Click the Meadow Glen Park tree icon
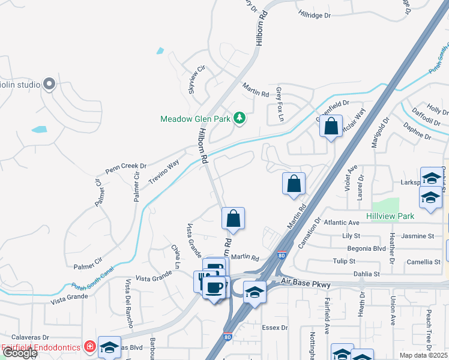pyautogui.click(x=240, y=118)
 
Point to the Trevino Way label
pyautogui.click(x=164, y=172)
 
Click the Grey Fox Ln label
pyautogui.click(x=280, y=104)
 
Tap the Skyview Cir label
pyautogui.click(x=193, y=79)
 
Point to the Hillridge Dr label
pyautogui.click(x=315, y=13)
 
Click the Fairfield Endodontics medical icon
pyautogui.click(x=89, y=346)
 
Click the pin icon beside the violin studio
pyautogui.click(x=49, y=85)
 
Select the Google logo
pyautogui.click(x=19, y=353)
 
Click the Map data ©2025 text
pyautogui.click(x=423, y=355)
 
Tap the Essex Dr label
pyautogui.click(x=275, y=328)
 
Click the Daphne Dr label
pyautogui.click(x=418, y=132)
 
